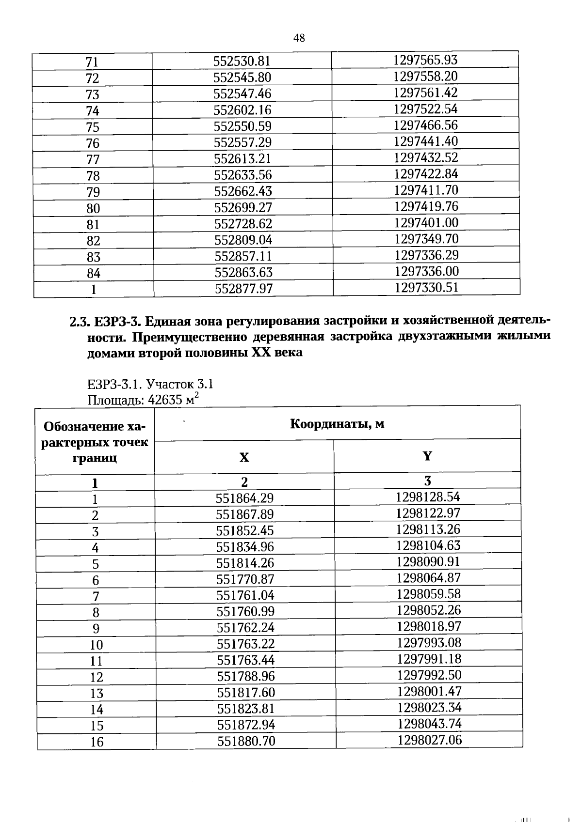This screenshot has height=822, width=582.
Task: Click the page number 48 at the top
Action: coord(299,38)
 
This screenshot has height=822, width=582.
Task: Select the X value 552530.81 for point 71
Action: coord(242,62)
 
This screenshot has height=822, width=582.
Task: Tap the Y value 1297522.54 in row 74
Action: coord(425,109)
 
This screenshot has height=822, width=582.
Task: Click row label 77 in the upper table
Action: coord(93,159)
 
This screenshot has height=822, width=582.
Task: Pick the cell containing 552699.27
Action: coord(243,207)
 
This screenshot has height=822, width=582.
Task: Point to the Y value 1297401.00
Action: coord(426,223)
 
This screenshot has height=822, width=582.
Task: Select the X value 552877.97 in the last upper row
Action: coord(244,289)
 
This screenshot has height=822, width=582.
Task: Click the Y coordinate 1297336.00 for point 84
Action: coord(426,271)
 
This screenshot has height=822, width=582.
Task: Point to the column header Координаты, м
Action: coord(337,424)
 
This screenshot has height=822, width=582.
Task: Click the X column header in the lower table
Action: coord(244,457)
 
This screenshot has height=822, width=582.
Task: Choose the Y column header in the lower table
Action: coord(427,456)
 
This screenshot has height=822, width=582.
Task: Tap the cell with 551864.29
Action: coord(244,498)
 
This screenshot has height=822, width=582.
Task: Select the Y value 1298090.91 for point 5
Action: coord(428,562)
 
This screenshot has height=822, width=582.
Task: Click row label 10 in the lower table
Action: coord(97,645)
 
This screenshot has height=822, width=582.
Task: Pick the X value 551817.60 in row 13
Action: coord(245,693)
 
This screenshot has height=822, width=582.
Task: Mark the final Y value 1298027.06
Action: coord(429,740)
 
